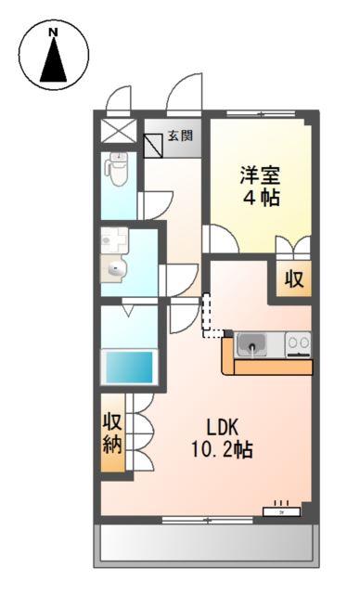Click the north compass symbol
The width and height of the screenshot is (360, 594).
pyautogui.click(x=54, y=55)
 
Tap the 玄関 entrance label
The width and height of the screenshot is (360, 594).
pyautogui.click(x=181, y=136)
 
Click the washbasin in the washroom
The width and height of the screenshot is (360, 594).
pyautogui.click(x=115, y=270)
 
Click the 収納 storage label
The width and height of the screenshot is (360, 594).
pyautogui.click(x=113, y=432)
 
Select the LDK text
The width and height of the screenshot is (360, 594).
pyautogui.click(x=223, y=428)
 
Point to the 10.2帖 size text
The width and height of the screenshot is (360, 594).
pyautogui.click(x=223, y=450)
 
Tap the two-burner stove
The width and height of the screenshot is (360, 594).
pyautogui.click(x=298, y=343)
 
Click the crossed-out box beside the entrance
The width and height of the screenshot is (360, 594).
pyautogui.click(x=117, y=128)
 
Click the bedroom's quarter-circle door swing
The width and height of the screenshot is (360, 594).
pyautogui.click(x=221, y=239)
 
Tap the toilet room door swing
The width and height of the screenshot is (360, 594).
pyautogui.click(x=152, y=205)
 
